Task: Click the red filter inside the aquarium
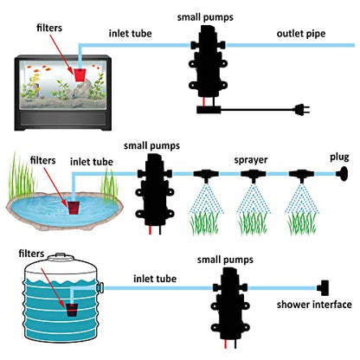[x=80, y=75]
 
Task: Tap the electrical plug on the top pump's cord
[x=302, y=110]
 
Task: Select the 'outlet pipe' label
[x=301, y=34]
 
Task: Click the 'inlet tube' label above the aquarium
[x=130, y=33]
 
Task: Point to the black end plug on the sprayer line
[x=343, y=174]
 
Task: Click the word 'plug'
[x=339, y=157]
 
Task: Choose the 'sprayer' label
[x=251, y=160]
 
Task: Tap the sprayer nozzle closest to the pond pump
[x=206, y=176]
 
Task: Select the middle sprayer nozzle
[x=254, y=176]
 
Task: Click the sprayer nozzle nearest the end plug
[x=301, y=176]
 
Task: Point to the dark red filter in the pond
[x=74, y=208]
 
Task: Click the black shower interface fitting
[x=323, y=287]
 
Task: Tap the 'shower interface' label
[x=314, y=305]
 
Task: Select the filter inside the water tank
[x=72, y=310]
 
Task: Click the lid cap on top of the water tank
[x=61, y=256]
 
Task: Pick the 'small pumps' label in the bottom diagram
[x=225, y=260]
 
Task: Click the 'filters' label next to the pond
[x=42, y=160]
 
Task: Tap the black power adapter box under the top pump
[x=209, y=110]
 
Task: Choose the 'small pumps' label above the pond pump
[x=151, y=145]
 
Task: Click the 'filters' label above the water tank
[x=31, y=254]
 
